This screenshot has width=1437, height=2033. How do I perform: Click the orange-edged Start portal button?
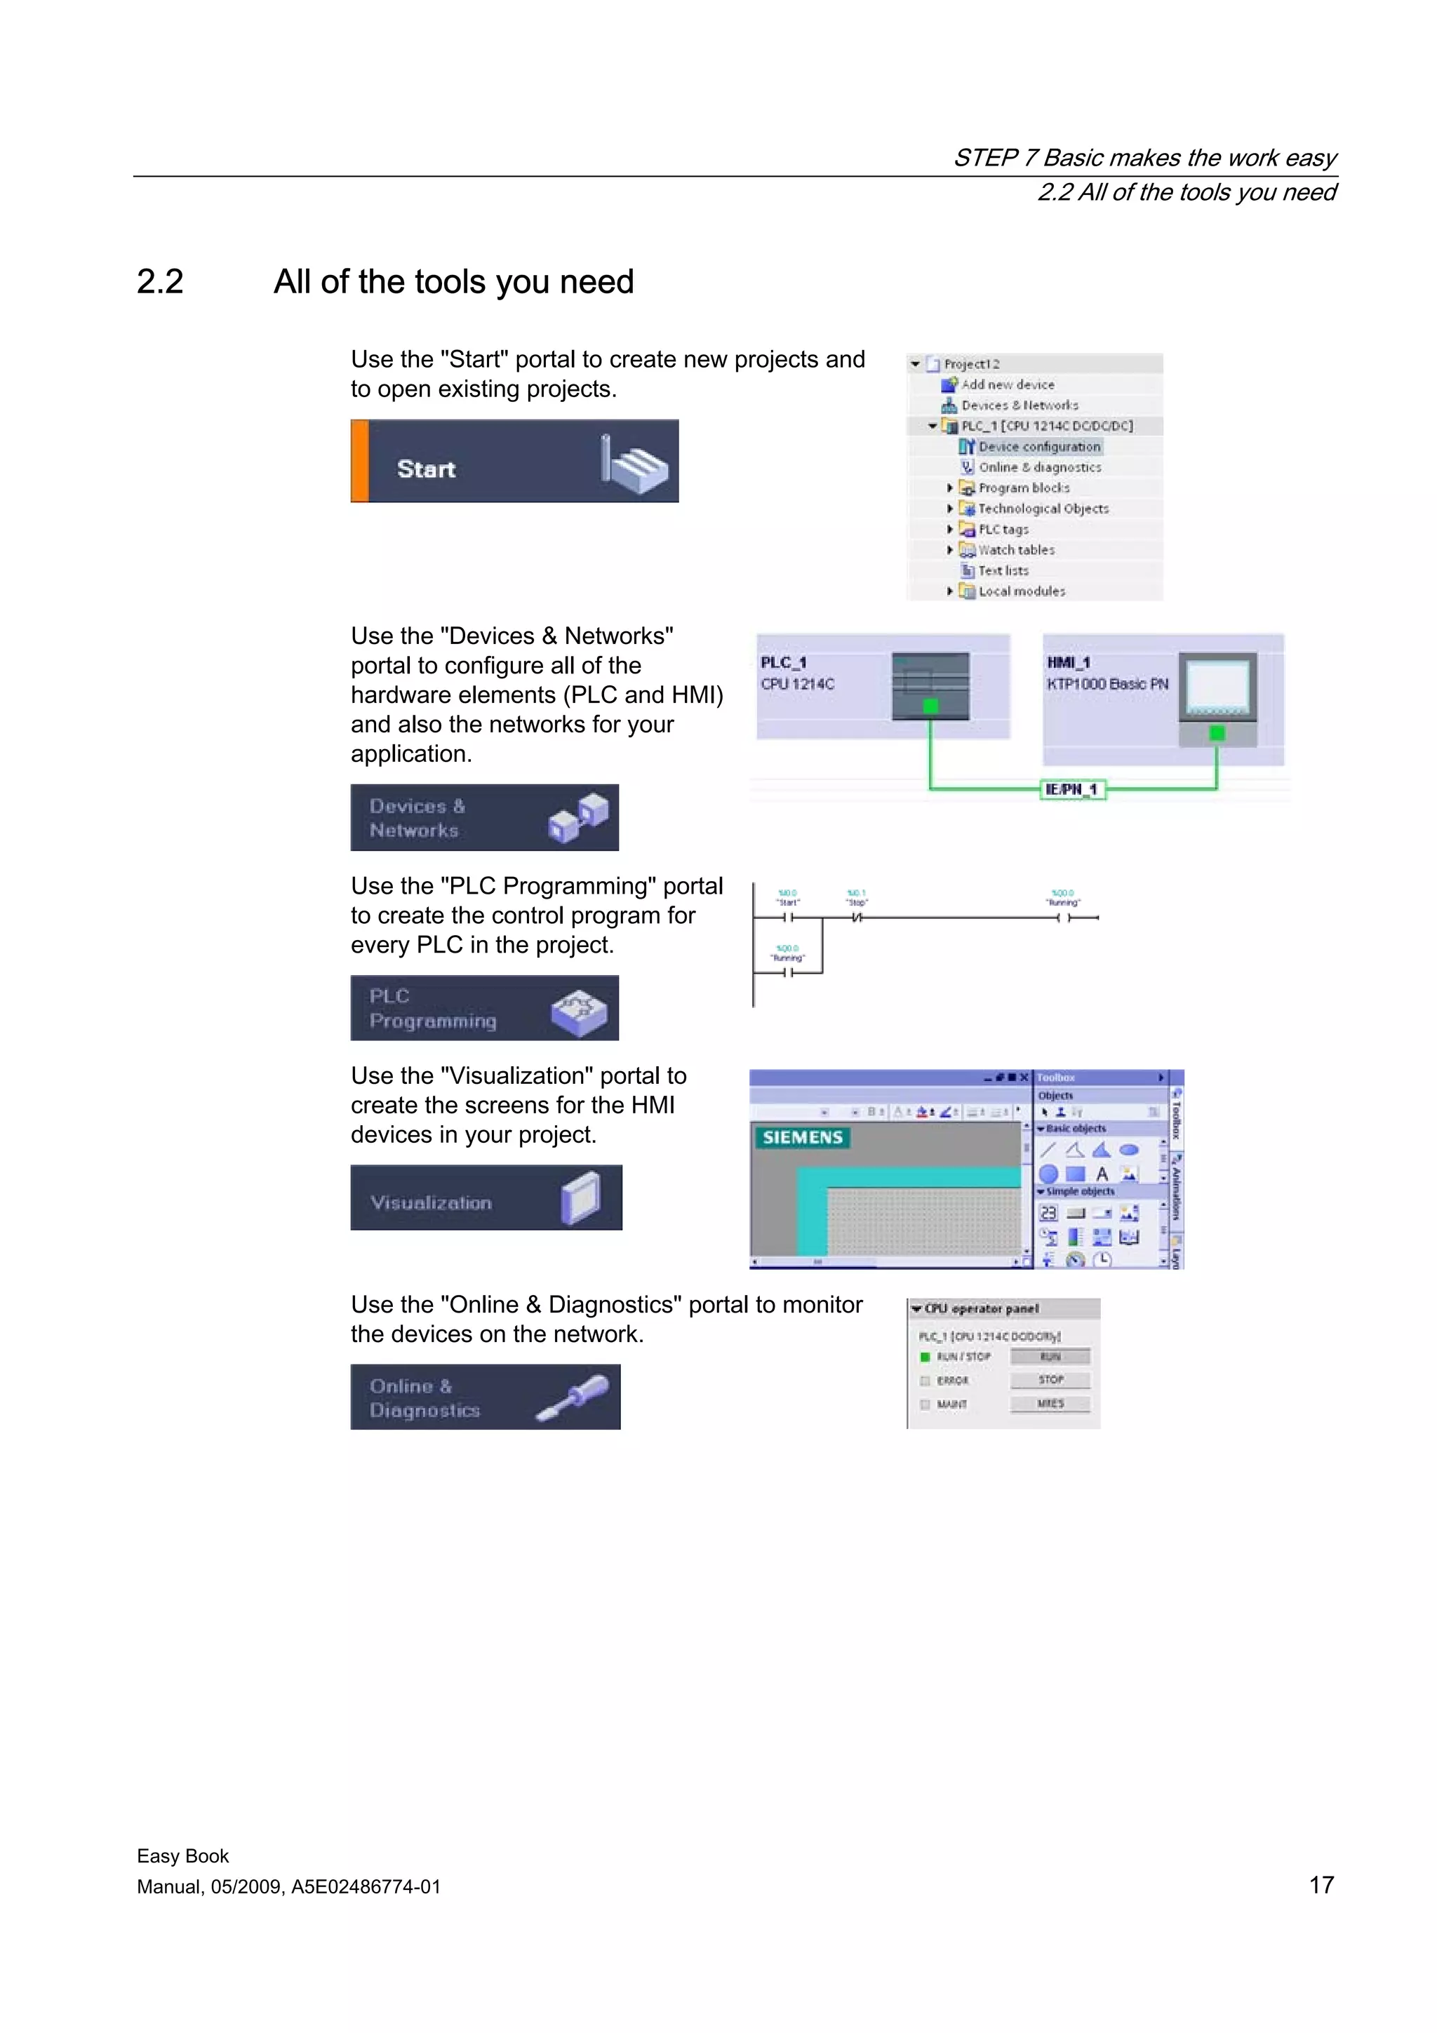514,462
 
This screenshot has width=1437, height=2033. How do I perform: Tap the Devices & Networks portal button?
484,817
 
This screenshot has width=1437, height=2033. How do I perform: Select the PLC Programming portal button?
484,1007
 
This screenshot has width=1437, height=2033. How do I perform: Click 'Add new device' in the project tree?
1007,385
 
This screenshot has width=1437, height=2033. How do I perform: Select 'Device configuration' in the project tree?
1038,447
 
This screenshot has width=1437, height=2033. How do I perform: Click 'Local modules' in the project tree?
1021,591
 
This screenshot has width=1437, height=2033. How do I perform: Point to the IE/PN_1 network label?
1071,789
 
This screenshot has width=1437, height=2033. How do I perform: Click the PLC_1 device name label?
782,662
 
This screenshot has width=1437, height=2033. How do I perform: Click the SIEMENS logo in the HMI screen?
802,1137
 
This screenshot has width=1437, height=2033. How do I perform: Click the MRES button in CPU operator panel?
1050,1404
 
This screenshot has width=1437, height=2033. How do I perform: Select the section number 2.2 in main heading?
160,281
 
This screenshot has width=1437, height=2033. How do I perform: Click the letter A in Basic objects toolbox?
1102,1174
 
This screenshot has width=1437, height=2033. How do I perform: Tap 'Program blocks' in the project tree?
1024,488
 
